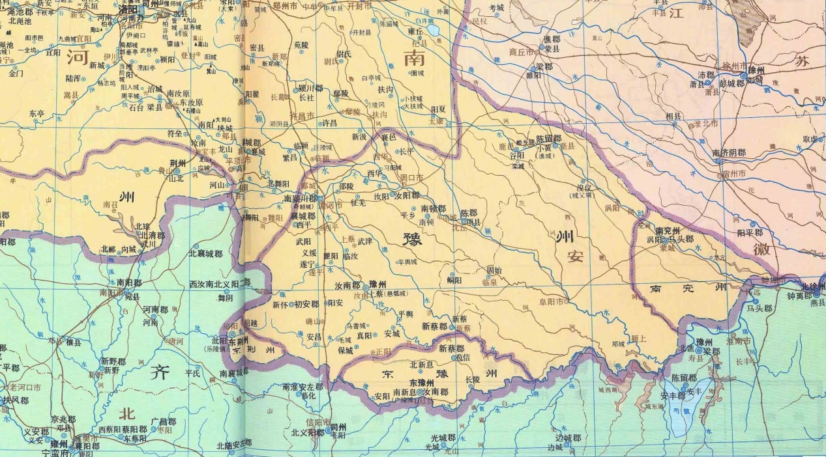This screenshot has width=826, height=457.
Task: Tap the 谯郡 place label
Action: (x=552, y=39)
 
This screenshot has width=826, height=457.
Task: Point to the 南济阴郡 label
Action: (x=728, y=153)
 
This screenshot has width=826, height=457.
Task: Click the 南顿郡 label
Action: (x=433, y=209)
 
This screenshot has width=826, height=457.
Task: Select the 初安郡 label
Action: (x=306, y=304)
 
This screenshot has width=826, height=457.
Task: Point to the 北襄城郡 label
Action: (x=205, y=254)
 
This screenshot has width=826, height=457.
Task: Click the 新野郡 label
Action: (x=113, y=361)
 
